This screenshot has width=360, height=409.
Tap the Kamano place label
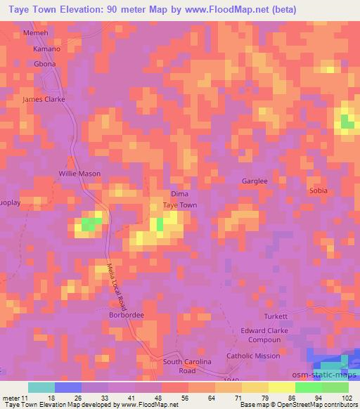point(47,49)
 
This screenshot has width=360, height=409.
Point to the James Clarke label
point(44,99)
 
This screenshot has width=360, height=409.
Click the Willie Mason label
point(79,174)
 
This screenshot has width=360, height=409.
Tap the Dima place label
point(179,194)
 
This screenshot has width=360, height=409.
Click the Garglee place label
point(255,181)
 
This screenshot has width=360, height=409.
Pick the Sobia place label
point(319,190)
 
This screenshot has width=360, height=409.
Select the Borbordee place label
point(127,316)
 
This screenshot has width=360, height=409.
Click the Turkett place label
point(276,316)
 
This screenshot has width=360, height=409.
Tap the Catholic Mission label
point(253,356)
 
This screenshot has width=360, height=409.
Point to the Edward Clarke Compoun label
point(261,335)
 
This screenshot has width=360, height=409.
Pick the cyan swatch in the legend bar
point(41,387)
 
